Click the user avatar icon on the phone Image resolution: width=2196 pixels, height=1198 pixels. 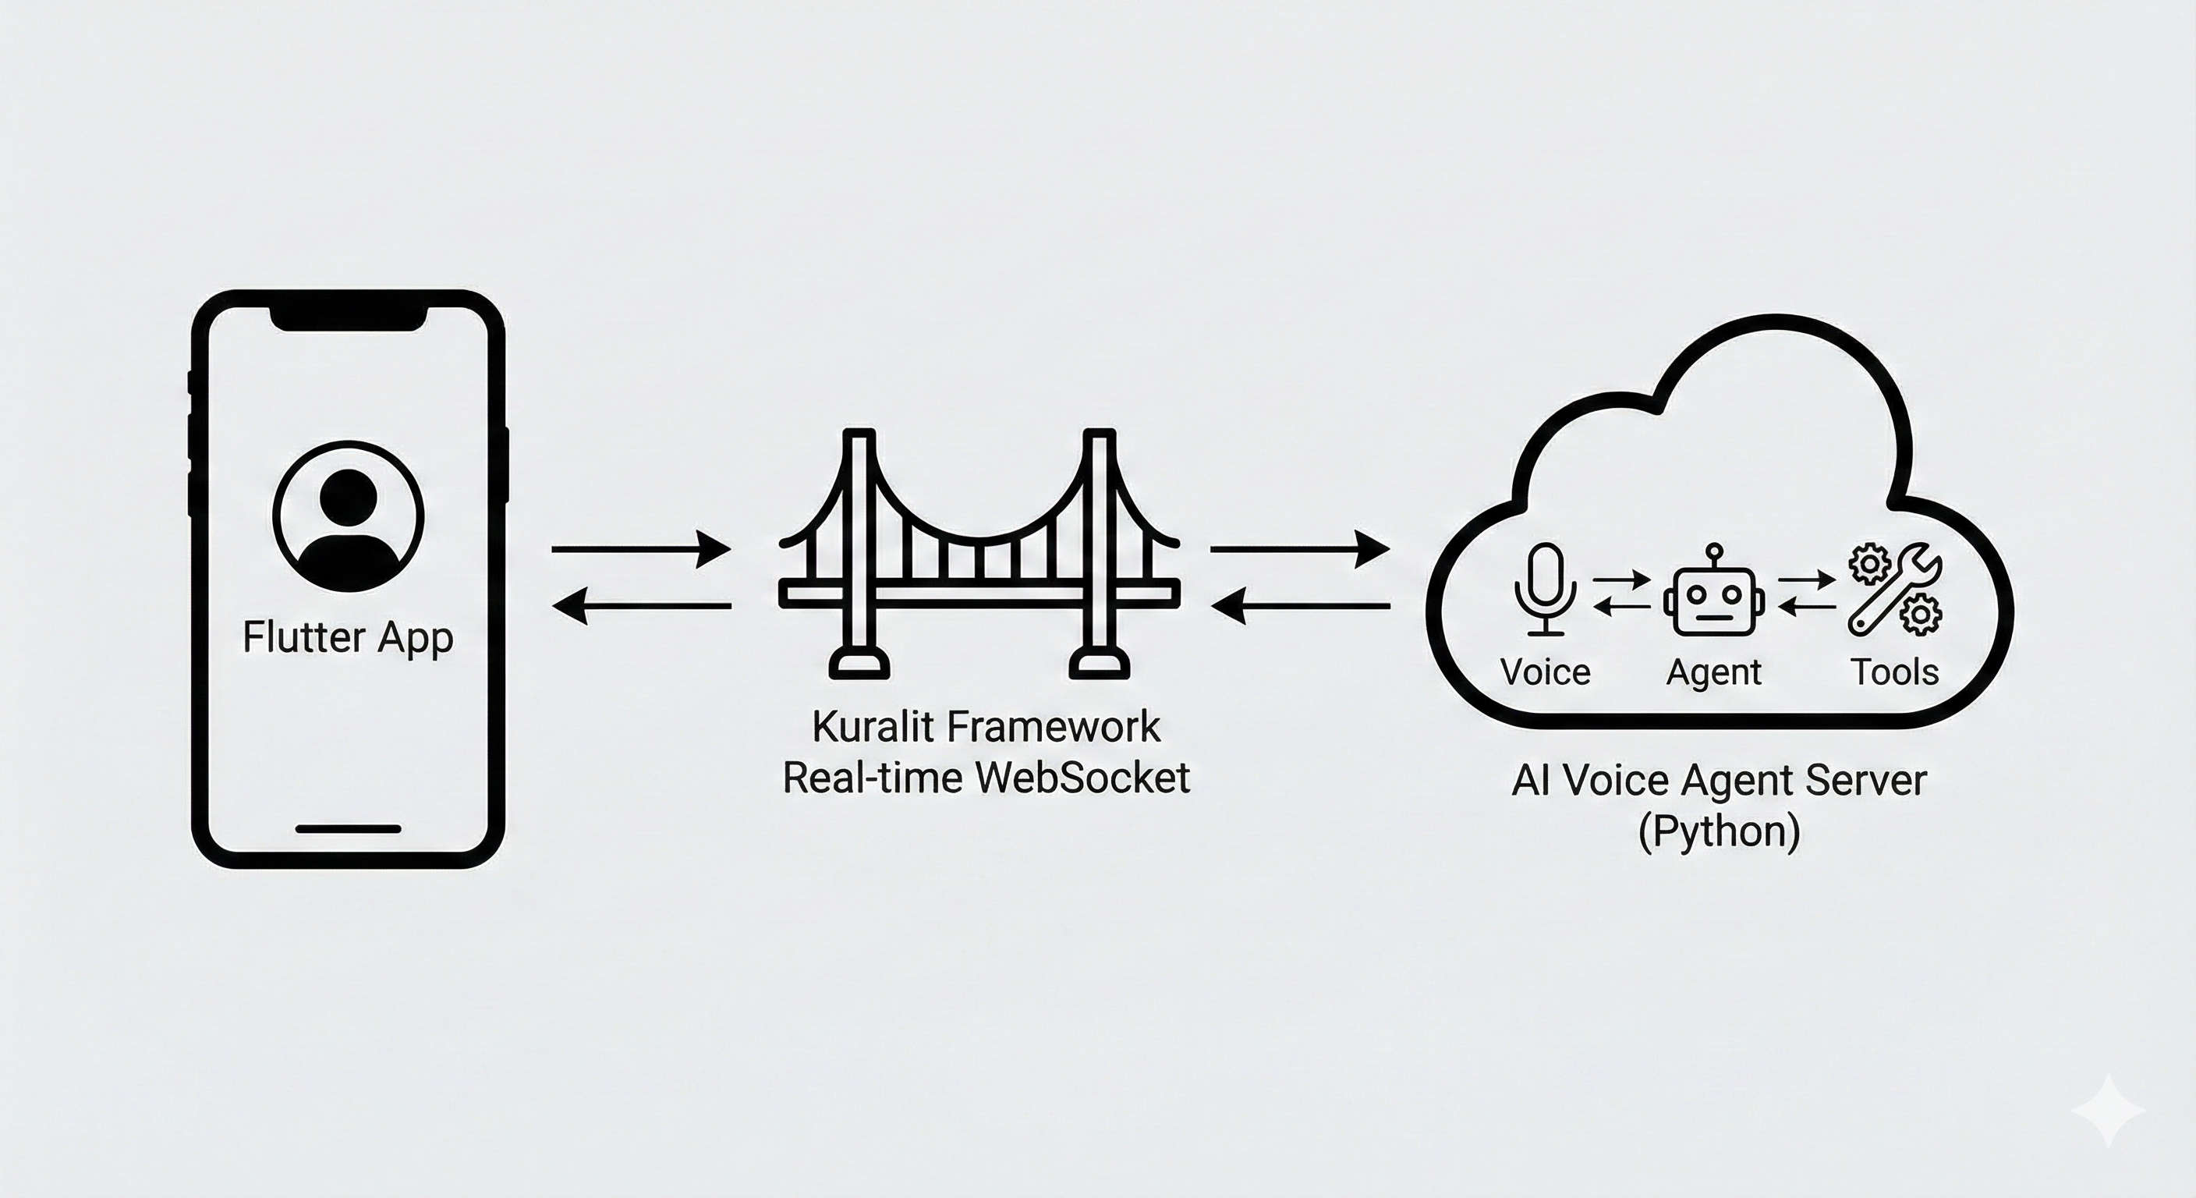(348, 516)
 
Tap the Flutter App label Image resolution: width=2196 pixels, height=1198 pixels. (348, 638)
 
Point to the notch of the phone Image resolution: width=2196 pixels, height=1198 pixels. (348, 319)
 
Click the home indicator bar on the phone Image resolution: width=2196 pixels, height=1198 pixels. (348, 829)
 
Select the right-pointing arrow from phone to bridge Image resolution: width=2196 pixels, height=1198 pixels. (641, 549)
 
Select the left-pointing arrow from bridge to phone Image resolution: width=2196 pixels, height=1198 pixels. (641, 606)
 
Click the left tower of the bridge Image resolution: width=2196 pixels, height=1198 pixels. (859, 555)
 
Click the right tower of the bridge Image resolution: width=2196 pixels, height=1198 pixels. (1099, 555)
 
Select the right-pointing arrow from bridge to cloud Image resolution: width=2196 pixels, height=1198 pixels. (1300, 549)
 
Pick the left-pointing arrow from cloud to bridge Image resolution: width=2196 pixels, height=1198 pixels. (1300, 606)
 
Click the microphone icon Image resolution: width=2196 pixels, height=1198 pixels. (1545, 589)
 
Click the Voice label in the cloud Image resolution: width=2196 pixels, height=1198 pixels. (1545, 673)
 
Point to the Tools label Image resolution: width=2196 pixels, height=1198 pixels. (1894, 673)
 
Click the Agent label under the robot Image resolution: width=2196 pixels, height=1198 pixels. (1713, 673)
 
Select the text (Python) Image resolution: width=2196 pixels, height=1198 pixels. (1719, 831)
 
